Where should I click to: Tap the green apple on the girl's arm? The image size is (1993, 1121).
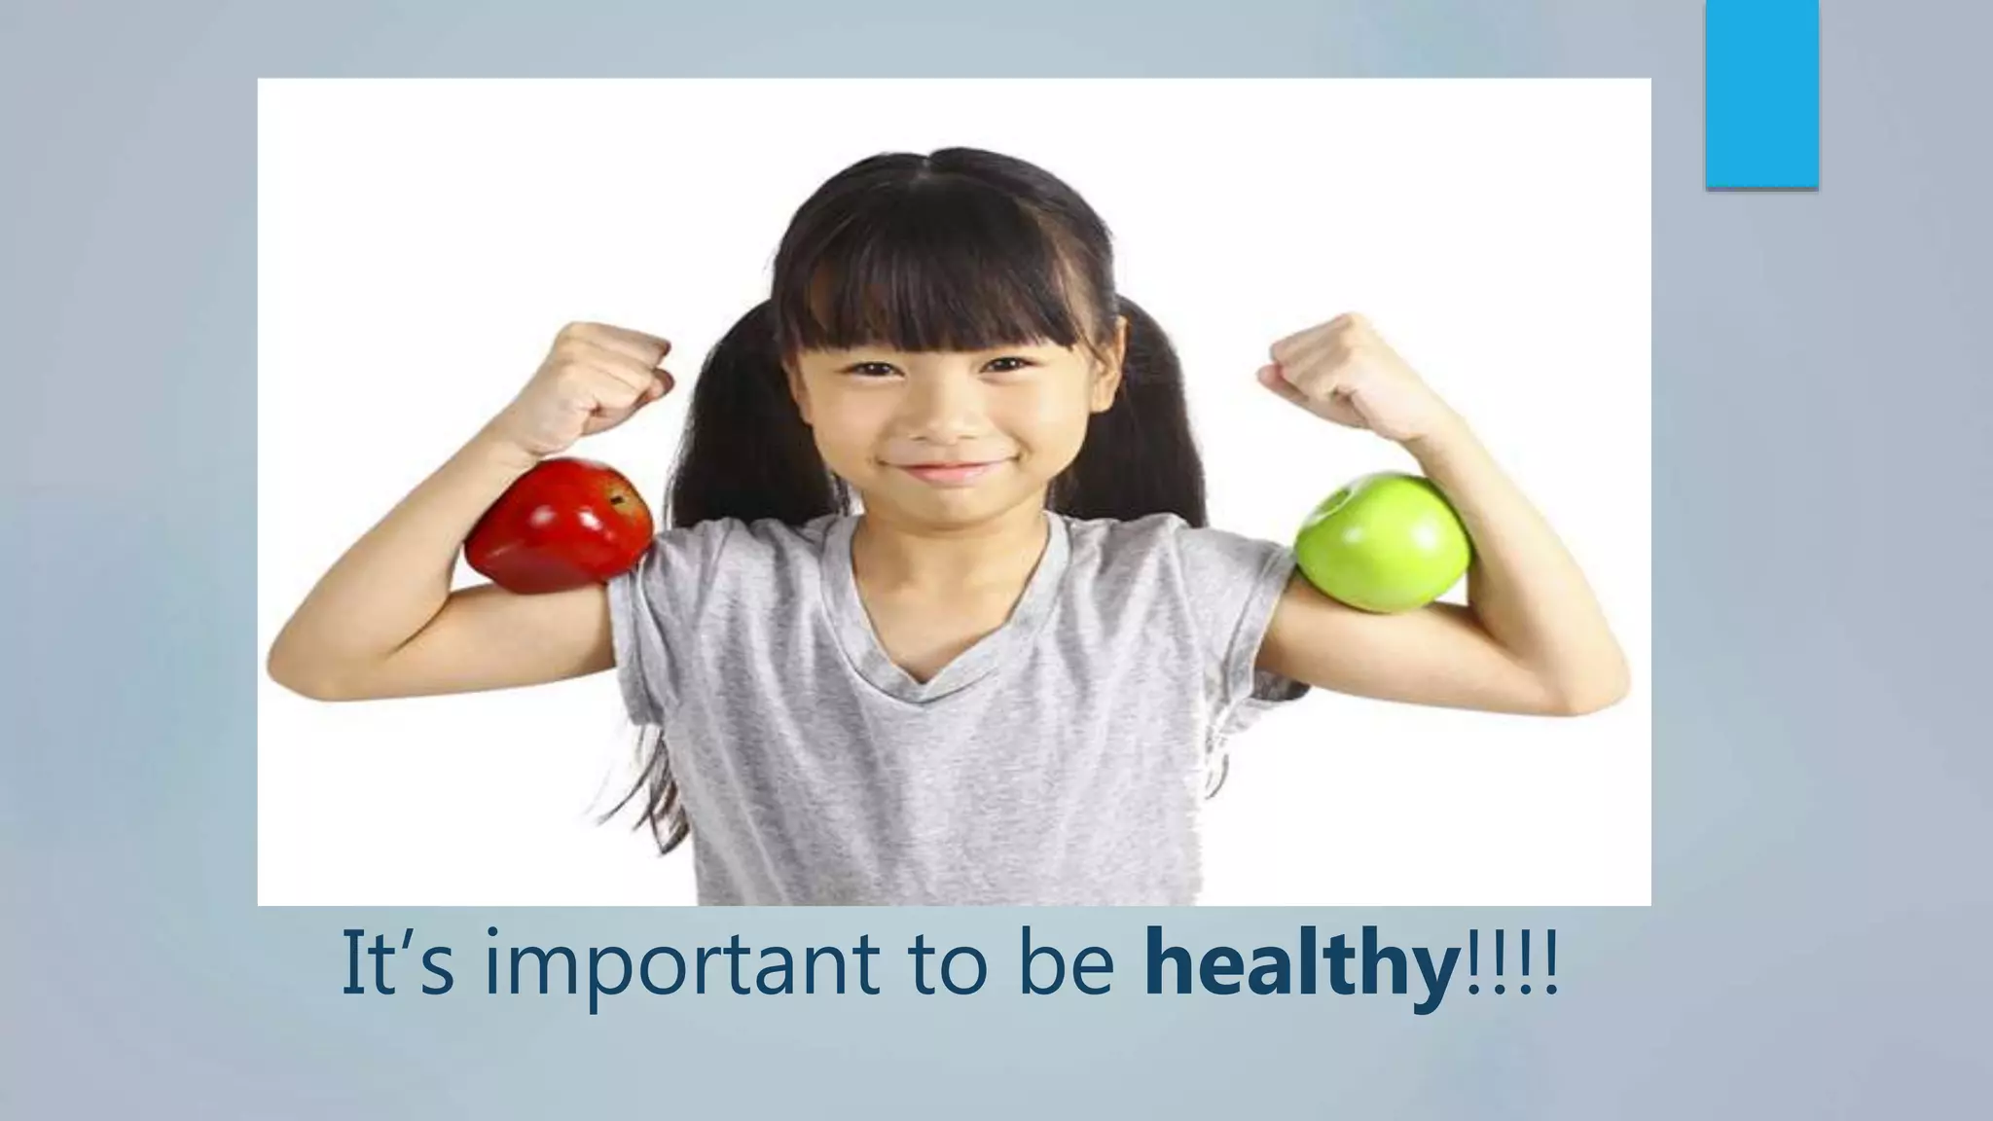click(1382, 543)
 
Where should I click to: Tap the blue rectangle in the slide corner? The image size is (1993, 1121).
click(1761, 93)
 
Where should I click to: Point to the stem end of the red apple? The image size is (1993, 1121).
click(616, 499)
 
